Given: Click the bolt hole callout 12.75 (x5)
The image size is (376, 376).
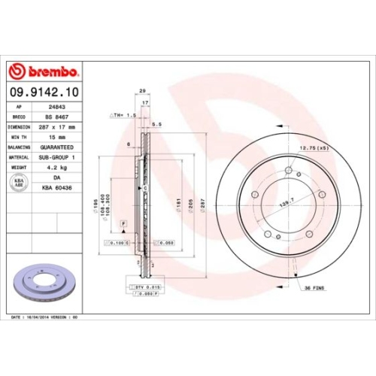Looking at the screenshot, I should click(314, 149).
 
